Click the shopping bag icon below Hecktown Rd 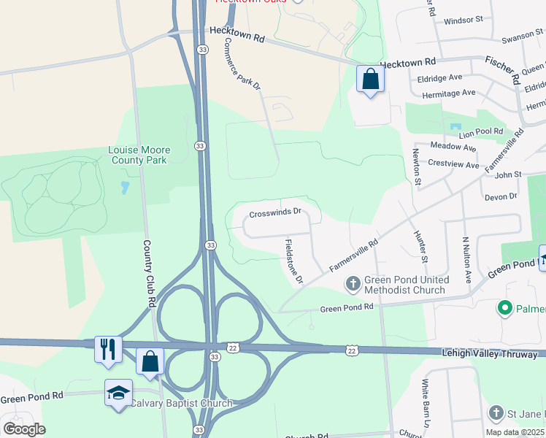tap(370, 78)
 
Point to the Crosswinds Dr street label tap(275, 214)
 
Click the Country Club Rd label tap(151, 274)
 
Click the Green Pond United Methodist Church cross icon tap(353, 283)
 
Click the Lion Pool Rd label tap(481, 132)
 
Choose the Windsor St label tap(463, 21)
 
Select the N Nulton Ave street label tap(466, 260)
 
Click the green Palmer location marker tap(504, 309)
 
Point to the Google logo tap(25, 429)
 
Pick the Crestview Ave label tap(453, 164)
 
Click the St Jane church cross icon tap(496, 414)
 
